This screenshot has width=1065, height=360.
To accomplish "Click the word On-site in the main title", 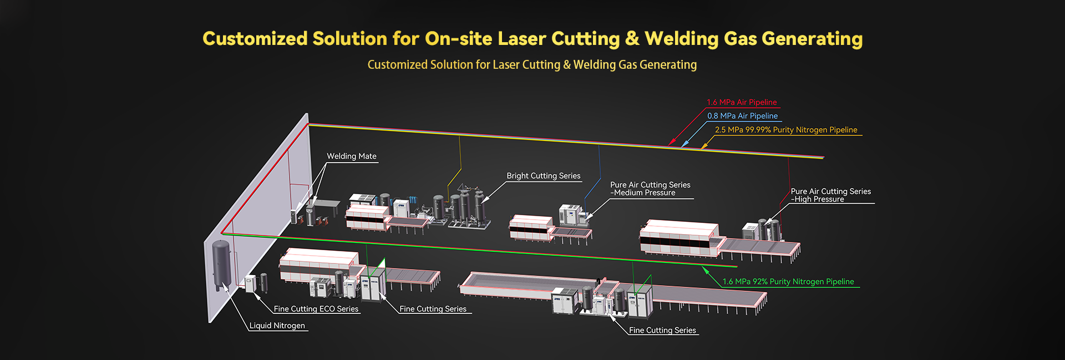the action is click(459, 38).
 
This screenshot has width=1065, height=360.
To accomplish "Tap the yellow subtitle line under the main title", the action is click(532, 65).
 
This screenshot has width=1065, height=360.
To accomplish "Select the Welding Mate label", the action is click(352, 156).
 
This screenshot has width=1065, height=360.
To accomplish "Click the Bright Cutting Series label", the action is click(544, 176).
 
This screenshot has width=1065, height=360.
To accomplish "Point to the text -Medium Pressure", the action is click(643, 193).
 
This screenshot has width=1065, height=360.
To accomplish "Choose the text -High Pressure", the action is click(818, 199).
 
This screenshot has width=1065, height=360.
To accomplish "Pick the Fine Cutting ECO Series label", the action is click(316, 309).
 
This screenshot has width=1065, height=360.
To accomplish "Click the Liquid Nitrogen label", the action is click(277, 326).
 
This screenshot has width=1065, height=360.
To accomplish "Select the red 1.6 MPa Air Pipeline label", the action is click(742, 103).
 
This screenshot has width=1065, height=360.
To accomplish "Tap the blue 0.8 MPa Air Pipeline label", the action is click(743, 116).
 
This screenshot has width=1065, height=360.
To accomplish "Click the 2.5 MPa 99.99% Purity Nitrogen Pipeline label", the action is click(786, 130).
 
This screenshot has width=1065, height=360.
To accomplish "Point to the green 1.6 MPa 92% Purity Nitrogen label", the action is click(788, 282).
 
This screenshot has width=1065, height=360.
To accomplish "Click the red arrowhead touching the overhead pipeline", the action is click(672, 143).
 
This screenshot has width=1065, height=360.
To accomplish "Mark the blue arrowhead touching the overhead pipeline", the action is click(685, 144).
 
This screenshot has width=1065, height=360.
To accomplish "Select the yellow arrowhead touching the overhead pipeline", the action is click(704, 146).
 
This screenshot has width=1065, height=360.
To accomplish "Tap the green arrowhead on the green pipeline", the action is click(706, 270).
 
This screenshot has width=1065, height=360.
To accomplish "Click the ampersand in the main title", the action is click(632, 38).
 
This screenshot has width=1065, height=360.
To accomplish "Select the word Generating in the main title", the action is click(812, 39).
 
